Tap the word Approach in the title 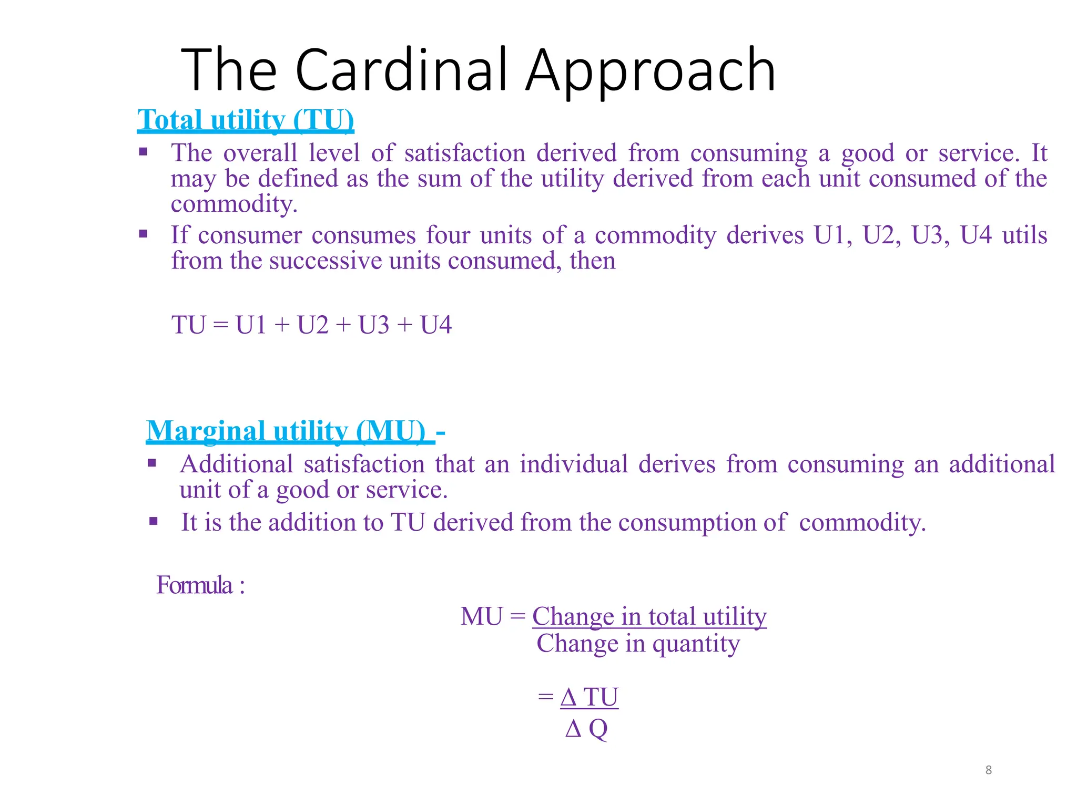[x=651, y=71]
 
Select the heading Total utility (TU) [x=246, y=120]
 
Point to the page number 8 [x=988, y=770]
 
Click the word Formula [x=195, y=585]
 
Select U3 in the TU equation [x=374, y=325]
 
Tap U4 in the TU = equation [x=436, y=325]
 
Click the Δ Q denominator [x=586, y=729]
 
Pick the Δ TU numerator [x=589, y=698]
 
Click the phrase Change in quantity [x=638, y=644]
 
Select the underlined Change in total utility [x=649, y=616]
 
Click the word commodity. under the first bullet [x=234, y=204]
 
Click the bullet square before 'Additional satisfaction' [x=152, y=463]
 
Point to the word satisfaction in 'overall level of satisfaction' [x=465, y=153]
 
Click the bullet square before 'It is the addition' [x=153, y=521]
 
